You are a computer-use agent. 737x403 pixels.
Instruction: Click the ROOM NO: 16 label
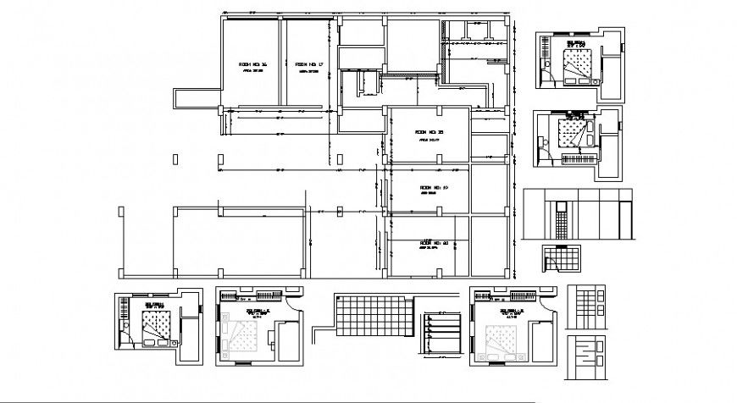click(252, 64)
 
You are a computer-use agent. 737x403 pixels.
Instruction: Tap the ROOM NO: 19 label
click(433, 187)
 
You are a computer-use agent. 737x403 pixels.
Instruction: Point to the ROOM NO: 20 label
click(433, 243)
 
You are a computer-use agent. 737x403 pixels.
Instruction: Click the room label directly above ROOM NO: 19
click(429, 132)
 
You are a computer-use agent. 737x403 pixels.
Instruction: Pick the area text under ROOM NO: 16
click(253, 72)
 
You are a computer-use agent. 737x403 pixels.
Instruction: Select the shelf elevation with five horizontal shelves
click(441, 332)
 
